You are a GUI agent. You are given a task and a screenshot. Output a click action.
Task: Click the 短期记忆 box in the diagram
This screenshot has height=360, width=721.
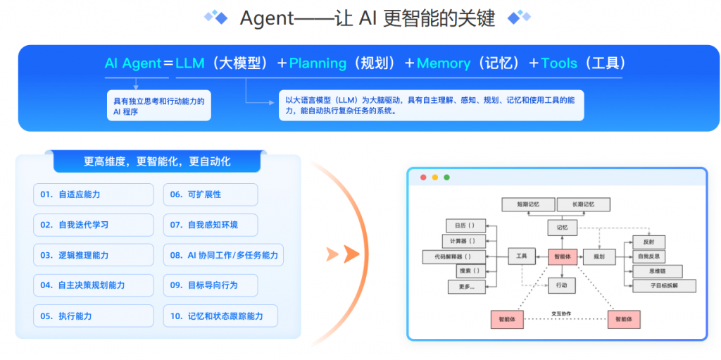[x=527, y=204]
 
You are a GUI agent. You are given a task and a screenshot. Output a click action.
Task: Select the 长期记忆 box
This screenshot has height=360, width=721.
[x=583, y=204]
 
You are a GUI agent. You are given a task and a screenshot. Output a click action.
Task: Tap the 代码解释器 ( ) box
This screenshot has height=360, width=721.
[x=456, y=257]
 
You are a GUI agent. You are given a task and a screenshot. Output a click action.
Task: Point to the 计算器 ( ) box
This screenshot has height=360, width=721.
[x=465, y=242]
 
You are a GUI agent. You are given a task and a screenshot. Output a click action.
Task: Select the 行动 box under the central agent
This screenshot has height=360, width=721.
[x=562, y=285]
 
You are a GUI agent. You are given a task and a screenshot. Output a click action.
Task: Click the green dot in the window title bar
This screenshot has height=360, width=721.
[x=446, y=178]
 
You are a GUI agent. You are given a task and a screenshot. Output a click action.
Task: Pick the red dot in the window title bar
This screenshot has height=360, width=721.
[x=423, y=178]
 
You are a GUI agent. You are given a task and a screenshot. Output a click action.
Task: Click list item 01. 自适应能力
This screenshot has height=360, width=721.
[x=93, y=194]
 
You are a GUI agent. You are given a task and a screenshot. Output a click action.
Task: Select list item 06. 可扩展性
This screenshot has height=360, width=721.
[x=210, y=194]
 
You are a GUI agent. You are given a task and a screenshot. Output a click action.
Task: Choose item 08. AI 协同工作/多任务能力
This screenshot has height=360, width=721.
[x=222, y=255]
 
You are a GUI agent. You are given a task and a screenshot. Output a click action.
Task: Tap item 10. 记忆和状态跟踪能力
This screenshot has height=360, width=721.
[x=220, y=316]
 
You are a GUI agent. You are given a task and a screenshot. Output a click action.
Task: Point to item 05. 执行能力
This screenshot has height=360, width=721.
[x=93, y=316]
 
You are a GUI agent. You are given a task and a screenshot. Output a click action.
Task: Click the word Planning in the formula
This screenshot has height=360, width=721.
[x=318, y=63]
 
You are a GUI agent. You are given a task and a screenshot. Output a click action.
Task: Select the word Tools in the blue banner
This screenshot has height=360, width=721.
[x=559, y=63]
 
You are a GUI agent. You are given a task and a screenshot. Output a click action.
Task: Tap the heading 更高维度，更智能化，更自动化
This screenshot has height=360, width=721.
[x=157, y=161]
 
